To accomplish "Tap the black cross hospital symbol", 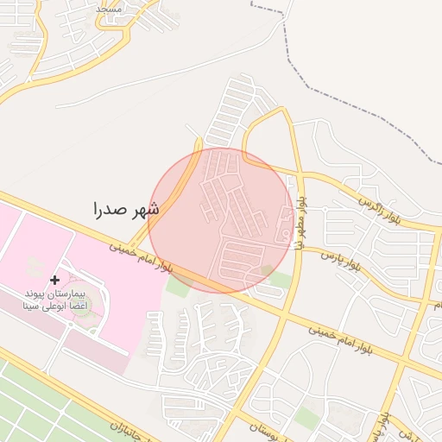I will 55,280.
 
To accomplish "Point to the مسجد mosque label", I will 110,8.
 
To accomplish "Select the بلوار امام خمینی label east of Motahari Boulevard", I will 350,329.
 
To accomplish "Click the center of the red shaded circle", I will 221,220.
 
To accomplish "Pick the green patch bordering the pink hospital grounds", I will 177,287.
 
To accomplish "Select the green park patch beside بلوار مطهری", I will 281,281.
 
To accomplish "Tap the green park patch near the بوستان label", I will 306,417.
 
